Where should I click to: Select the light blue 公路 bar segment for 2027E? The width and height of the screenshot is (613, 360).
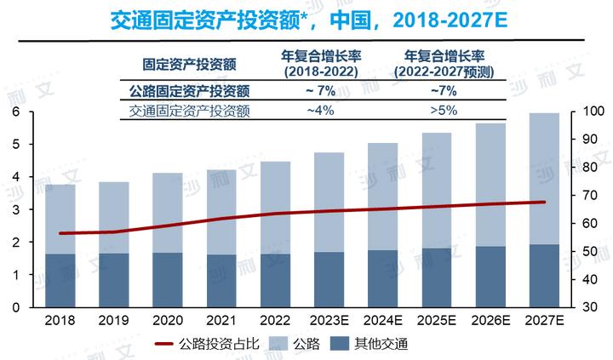tap(543, 179)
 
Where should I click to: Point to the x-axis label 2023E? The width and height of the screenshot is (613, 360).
tap(329, 322)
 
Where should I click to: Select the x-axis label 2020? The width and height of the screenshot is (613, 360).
tap(167, 322)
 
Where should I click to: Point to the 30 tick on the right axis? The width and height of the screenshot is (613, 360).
tap(591, 306)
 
